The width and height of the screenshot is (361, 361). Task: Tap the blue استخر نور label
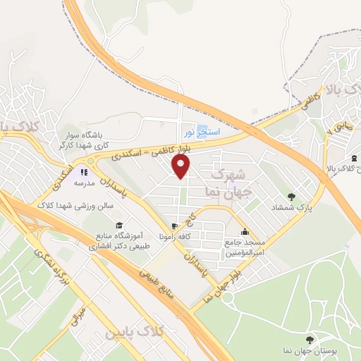[203, 132]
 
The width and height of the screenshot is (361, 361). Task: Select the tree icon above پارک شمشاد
[291, 196]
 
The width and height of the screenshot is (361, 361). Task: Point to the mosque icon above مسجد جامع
[245, 232]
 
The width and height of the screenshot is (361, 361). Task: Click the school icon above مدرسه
[84, 171]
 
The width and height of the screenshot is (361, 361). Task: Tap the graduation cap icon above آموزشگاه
[118, 215]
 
